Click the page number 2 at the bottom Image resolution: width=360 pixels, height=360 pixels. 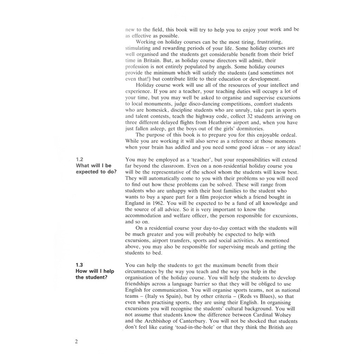click(76, 342)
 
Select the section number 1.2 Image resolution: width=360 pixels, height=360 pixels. click(79, 159)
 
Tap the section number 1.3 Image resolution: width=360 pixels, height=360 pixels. click(79, 265)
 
